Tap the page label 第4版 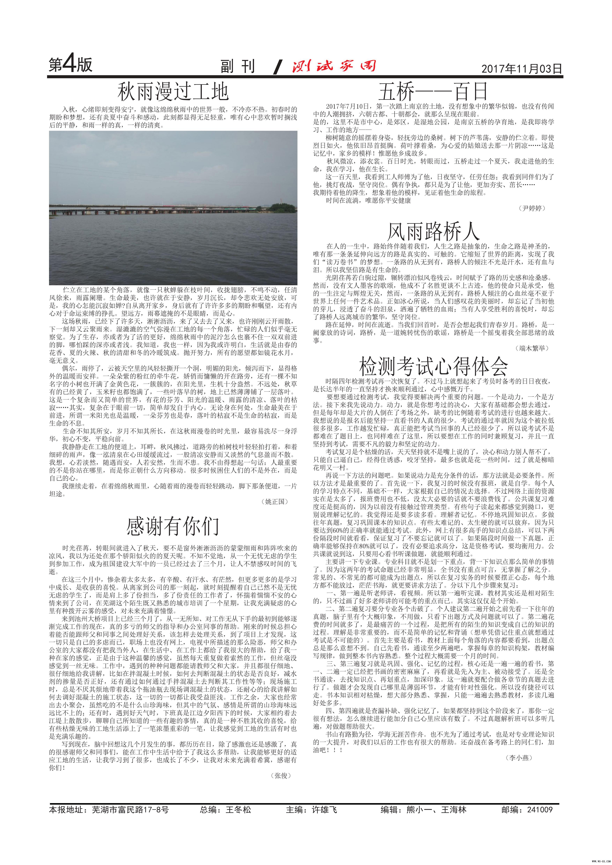[70, 65]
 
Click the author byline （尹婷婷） [532, 208]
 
